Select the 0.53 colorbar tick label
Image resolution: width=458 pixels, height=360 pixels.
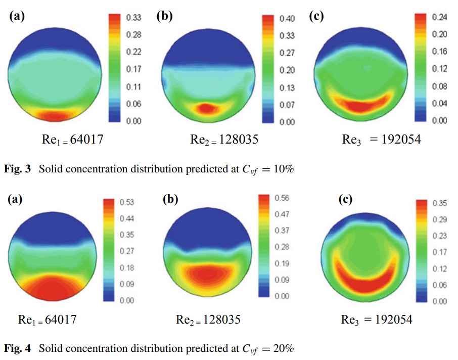126,202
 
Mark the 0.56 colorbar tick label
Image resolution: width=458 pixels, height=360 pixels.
282,198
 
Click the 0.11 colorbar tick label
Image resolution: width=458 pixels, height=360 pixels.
133,86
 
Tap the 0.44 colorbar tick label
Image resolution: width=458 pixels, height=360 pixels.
126,218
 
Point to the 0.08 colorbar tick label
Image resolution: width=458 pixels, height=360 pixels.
439,86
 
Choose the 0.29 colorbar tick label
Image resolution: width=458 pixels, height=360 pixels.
440,219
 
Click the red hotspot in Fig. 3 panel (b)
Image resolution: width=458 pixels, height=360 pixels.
205,108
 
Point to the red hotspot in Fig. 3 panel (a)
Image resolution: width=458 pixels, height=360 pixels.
54,116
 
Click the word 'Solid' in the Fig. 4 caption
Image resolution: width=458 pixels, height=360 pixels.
49,348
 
